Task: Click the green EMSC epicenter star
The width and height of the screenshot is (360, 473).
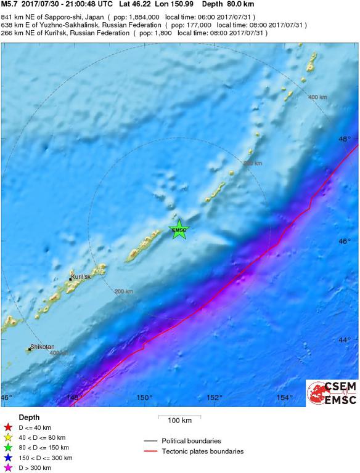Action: [179, 230]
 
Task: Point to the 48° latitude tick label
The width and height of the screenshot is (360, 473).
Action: [345, 139]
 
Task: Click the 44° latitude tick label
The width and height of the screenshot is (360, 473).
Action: [345, 339]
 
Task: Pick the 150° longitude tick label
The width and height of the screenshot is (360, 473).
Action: [145, 397]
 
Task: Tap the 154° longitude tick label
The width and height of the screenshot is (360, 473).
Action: [285, 397]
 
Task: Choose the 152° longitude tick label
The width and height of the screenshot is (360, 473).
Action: [215, 397]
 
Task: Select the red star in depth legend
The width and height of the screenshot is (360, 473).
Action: [8, 427]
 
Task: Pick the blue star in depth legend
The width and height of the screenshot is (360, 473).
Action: [8, 458]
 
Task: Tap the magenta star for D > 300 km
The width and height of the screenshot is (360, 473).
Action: [8, 468]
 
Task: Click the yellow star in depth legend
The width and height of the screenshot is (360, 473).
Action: [8, 437]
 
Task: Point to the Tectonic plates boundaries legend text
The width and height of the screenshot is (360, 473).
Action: [202, 451]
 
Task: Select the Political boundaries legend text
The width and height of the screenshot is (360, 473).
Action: [191, 441]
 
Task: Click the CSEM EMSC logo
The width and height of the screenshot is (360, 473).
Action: [332, 393]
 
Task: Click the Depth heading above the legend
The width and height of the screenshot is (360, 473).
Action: [29, 417]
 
